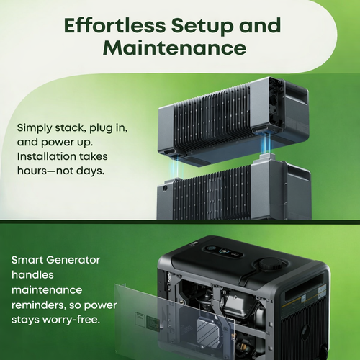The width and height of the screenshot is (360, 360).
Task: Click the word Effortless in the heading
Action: tap(114, 25)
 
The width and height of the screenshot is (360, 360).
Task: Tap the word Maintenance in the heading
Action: tap(174, 48)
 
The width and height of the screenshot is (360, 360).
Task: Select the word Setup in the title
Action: tap(202, 27)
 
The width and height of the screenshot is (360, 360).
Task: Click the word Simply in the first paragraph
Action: tap(35, 128)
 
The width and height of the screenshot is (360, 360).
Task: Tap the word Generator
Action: tap(73, 260)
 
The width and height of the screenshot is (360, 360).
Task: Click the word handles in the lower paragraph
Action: tap(32, 275)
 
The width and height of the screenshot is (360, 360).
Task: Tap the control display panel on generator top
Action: tap(222, 251)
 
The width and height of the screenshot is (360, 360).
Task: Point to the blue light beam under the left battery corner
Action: tap(177, 167)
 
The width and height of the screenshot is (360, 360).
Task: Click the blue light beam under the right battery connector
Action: tap(266, 143)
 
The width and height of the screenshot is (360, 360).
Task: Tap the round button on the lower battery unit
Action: tap(165, 188)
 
